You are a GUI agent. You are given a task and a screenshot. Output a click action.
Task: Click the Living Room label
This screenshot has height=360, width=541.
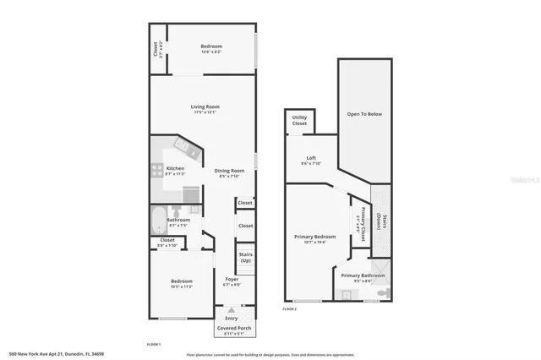(x=205, y=106)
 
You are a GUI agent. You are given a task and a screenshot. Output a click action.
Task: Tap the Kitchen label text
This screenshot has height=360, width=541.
(x=175, y=168)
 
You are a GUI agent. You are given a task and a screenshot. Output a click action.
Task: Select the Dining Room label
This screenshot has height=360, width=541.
(x=229, y=171)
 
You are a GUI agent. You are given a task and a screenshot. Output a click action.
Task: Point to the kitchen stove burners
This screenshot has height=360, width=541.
(x=156, y=169)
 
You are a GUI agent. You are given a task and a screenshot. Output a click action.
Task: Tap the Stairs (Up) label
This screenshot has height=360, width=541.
(x=246, y=257)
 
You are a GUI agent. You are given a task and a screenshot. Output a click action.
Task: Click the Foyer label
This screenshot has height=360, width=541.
(x=231, y=280)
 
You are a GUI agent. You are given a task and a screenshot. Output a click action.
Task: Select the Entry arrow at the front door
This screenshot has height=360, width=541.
(x=232, y=309)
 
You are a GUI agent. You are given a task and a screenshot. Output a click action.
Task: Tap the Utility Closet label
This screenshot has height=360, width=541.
(x=299, y=121)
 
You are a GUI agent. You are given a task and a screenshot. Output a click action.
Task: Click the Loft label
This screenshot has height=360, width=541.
(x=311, y=158)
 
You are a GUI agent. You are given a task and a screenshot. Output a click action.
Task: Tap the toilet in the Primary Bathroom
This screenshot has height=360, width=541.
(x=383, y=293)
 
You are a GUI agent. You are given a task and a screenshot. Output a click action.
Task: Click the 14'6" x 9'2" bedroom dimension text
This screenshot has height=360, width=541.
(x=211, y=52)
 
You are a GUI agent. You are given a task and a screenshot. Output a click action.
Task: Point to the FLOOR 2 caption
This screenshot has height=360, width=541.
(x=290, y=309)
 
